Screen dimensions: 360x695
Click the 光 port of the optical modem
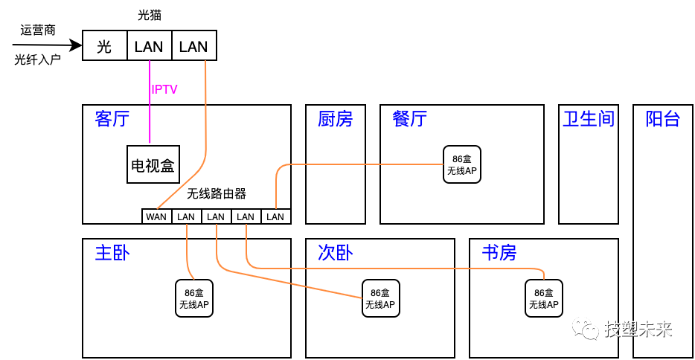(x=104, y=46)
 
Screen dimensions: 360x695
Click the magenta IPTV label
(x=164, y=90)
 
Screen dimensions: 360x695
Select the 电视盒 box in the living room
(x=153, y=164)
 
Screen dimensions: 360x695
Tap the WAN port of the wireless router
(x=156, y=216)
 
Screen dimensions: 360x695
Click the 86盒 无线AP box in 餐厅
(x=461, y=164)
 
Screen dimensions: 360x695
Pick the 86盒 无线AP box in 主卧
(x=193, y=298)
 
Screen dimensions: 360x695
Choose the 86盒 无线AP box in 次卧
(x=380, y=298)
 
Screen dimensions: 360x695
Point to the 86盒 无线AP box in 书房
(x=543, y=298)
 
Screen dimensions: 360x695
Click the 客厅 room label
(x=112, y=119)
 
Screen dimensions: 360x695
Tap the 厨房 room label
(x=335, y=119)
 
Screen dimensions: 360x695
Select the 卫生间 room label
(x=588, y=119)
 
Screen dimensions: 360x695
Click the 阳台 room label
(x=662, y=119)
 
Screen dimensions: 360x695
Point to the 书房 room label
(x=499, y=253)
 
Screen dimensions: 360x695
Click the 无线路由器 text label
(x=216, y=194)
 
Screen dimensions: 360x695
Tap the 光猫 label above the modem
(x=150, y=15)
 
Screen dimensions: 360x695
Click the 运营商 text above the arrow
(x=37, y=30)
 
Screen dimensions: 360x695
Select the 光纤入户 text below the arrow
(x=37, y=60)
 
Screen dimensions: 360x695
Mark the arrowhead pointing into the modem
(x=76, y=46)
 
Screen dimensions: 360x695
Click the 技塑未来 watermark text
(x=638, y=329)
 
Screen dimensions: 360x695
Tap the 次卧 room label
(x=335, y=253)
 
